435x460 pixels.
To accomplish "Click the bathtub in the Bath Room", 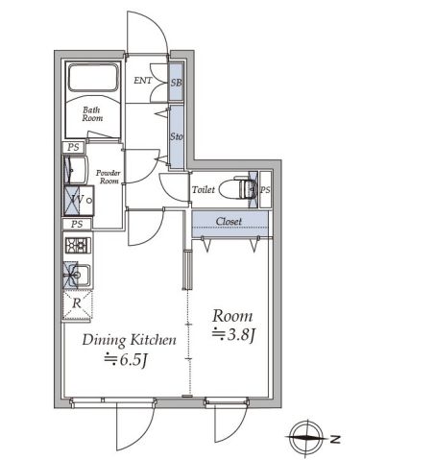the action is (93, 78).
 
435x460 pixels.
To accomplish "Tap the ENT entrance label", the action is (143, 81).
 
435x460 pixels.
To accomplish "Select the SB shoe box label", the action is (176, 83).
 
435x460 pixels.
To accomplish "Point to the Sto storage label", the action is (177, 136).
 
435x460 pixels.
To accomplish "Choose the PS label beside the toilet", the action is (265, 190).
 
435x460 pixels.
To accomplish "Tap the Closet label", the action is (229, 221).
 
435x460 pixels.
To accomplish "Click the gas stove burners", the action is (78, 246).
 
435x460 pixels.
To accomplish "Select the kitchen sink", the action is (78, 275).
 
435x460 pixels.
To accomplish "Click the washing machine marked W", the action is (78, 200).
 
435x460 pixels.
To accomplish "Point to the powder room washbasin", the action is (75, 170).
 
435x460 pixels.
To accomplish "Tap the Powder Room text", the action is (109, 177).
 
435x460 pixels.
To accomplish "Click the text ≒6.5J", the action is (126, 359).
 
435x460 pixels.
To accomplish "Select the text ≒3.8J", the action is (233, 334).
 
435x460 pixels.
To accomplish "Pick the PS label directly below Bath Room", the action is (73, 147).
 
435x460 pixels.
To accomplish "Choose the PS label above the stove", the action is (77, 224).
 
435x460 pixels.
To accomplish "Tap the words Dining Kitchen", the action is (130, 340).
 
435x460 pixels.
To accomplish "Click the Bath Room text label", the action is (92, 114).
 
